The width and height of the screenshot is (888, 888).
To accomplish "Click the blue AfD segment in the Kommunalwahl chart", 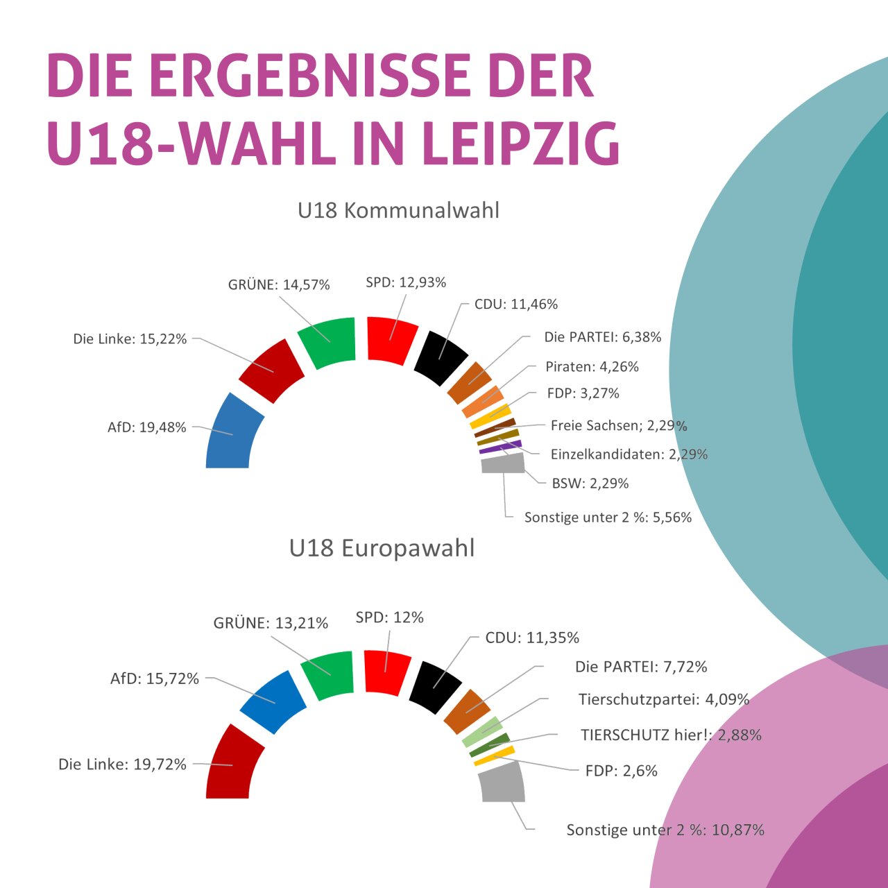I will coord(232,434).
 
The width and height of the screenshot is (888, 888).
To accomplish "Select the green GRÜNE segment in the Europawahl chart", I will coord(328,675).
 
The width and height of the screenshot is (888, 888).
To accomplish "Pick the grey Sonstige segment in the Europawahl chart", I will coord(502,783).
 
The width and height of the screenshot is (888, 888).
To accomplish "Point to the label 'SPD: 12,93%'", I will coord(406,282).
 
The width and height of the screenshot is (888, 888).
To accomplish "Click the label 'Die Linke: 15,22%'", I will coord(130,339).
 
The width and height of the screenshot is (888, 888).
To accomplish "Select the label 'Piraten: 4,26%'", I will coord(592,366).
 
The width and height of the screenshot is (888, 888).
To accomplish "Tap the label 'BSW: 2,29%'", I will coord(590,484).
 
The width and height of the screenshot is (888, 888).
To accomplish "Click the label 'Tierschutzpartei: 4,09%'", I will coord(664,699).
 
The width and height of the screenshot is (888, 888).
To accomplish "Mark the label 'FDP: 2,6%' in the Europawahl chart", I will coord(622,771).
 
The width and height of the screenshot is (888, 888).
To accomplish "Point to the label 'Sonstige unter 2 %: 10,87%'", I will coord(665,830).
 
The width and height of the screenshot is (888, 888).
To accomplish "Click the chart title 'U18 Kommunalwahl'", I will coord(398,210).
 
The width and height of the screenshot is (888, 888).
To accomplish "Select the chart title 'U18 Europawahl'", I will coord(382,548).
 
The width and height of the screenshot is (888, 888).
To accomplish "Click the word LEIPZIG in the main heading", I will coord(520,144).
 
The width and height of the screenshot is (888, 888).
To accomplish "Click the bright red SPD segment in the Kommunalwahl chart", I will coord(392,339).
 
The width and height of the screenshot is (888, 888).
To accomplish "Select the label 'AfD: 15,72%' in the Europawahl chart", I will coord(155,678).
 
